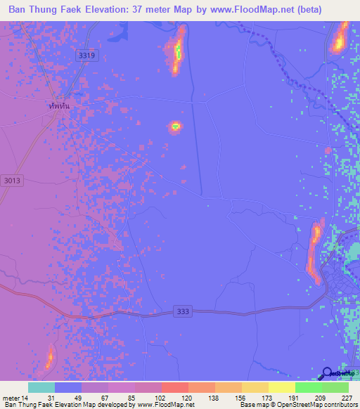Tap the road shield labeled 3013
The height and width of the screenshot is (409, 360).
click(x=13, y=181)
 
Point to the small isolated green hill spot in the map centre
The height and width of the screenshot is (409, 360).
click(x=174, y=127)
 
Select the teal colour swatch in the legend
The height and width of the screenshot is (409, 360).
click(x=41, y=387)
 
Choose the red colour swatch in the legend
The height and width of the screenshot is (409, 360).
click(x=175, y=387)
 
